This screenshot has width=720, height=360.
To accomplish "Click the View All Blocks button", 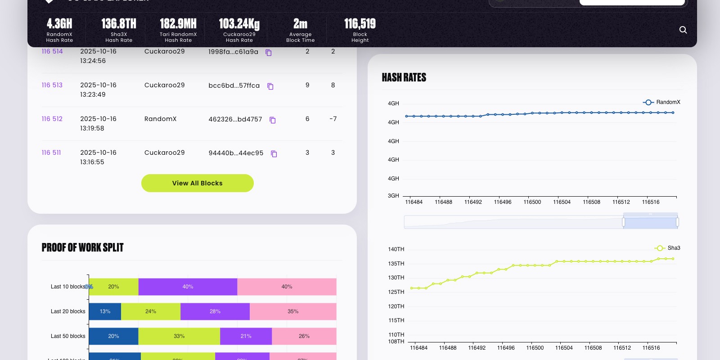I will pyautogui.click(x=197, y=183).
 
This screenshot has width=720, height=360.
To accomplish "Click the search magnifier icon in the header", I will pyautogui.click(x=683, y=30).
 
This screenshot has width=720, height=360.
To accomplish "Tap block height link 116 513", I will pyautogui.click(x=52, y=85).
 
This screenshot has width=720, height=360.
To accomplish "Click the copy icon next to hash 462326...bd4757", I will pyautogui.click(x=272, y=120).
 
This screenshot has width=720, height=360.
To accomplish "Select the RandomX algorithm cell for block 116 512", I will pyautogui.click(x=160, y=119).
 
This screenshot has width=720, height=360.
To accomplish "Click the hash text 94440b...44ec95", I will pyautogui.click(x=236, y=153).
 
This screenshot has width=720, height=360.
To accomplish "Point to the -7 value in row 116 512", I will pyautogui.click(x=333, y=119).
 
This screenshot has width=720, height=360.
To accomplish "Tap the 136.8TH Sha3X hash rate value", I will pyautogui.click(x=119, y=24).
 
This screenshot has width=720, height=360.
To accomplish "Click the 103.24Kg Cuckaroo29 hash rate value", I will pyautogui.click(x=239, y=24).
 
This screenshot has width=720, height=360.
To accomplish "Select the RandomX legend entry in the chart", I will pyautogui.click(x=661, y=102).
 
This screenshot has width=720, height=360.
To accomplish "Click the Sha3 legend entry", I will pyautogui.click(x=667, y=248).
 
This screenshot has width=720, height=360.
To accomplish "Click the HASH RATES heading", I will pyautogui.click(x=404, y=77).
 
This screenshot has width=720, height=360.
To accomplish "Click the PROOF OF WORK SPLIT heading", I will pyautogui.click(x=82, y=247).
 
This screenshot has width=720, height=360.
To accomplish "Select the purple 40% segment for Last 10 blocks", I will pyautogui.click(x=188, y=287).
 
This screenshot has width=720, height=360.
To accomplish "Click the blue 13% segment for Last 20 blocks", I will pyautogui.click(x=105, y=311).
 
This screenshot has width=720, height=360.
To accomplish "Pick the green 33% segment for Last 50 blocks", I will pyautogui.click(x=179, y=336).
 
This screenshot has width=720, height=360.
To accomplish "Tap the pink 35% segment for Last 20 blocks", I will pyautogui.click(x=293, y=311).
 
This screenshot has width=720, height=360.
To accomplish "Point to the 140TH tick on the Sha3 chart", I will pyautogui.click(x=396, y=249).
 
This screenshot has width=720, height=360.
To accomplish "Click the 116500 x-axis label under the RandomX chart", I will pyautogui.click(x=532, y=202).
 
